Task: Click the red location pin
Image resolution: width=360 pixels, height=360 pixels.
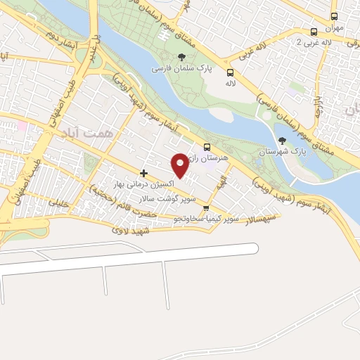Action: coord(181,165)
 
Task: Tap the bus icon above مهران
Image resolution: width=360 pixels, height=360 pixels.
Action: coord(334,16)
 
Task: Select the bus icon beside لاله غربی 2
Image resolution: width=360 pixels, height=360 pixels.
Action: coord(314,32)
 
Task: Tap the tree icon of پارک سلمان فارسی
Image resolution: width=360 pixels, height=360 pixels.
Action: coord(182,57)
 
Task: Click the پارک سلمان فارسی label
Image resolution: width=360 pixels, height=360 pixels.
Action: coord(179,69)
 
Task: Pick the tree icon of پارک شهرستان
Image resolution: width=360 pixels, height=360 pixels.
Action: coord(283,141)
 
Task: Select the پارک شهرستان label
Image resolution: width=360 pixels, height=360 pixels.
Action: coord(280,152)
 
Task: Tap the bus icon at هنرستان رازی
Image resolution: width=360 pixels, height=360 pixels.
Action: coord(207,147)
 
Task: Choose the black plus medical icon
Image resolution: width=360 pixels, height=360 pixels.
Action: coord(143,173)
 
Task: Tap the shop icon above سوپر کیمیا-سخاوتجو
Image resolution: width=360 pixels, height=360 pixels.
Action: coord(206,208)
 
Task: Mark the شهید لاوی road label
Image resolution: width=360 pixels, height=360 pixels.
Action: coord(131,230)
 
